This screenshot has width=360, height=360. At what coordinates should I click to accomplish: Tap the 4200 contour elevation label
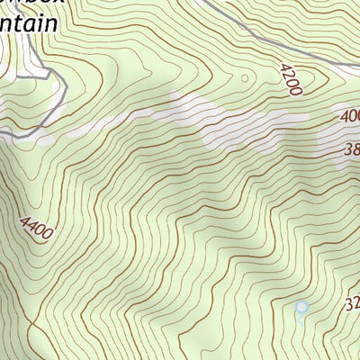(292, 79)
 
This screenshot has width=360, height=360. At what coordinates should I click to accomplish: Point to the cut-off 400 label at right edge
(350, 116)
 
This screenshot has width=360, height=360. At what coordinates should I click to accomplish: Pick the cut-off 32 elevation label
(351, 305)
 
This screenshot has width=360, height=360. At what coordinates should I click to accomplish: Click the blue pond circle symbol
(301, 307)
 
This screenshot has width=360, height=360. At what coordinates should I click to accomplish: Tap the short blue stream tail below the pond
(301, 319)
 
